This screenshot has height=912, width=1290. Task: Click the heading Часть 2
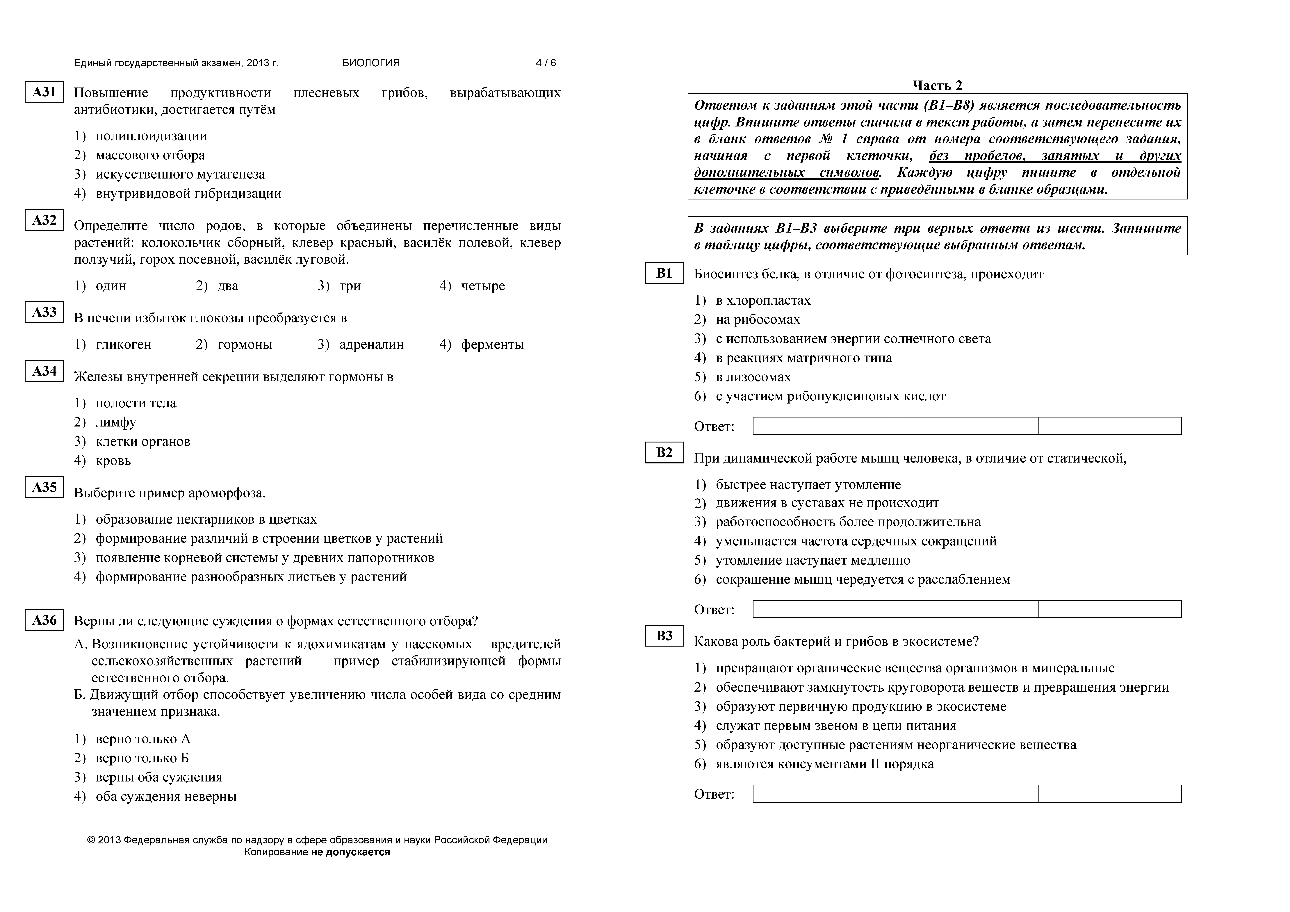937,85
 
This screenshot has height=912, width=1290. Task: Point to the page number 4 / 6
546,63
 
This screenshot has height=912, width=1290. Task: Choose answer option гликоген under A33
123,345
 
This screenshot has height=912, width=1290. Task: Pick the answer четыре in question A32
483,286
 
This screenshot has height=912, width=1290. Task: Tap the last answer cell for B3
1110,793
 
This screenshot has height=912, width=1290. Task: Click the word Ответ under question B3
714,795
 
